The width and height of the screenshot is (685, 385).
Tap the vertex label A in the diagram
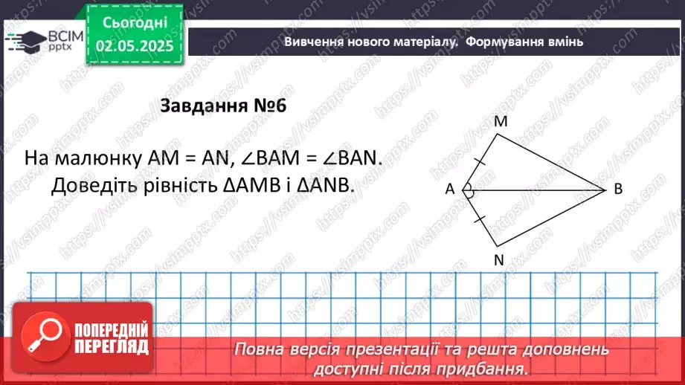450,190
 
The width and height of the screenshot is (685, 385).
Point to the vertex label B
618,190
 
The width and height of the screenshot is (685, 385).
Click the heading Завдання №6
223,106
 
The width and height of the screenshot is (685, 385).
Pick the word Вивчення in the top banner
313,41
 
